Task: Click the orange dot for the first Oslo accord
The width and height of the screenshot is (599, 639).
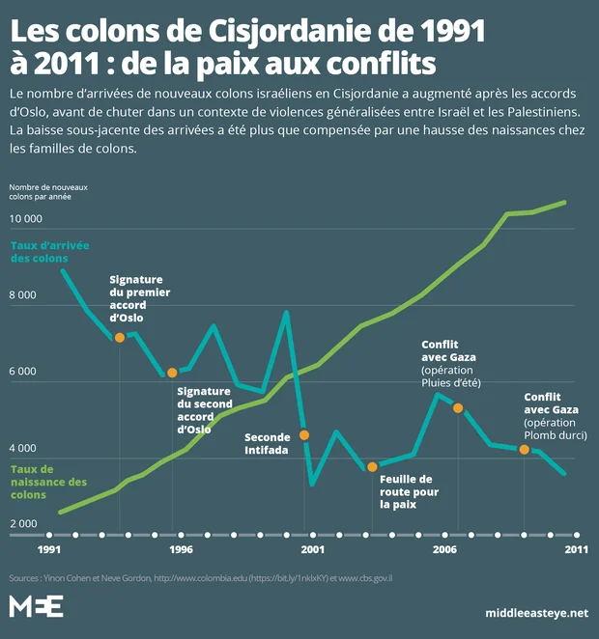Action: pos(120,337)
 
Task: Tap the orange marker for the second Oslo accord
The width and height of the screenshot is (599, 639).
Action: pos(172,373)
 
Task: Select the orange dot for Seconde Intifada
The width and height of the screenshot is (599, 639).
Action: pos(304,435)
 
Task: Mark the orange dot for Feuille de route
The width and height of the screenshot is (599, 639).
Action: pos(372,467)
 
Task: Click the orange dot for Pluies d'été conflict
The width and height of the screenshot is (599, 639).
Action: pos(458,407)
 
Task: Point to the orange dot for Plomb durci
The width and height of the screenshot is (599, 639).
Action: pos(524,449)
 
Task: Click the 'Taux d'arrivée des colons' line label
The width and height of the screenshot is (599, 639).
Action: pos(49,253)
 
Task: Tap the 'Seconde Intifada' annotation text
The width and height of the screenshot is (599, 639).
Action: pos(268,443)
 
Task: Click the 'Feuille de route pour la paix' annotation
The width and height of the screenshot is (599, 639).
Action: pos(406,491)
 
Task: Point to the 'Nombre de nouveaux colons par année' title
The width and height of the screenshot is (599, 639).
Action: pos(48,191)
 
